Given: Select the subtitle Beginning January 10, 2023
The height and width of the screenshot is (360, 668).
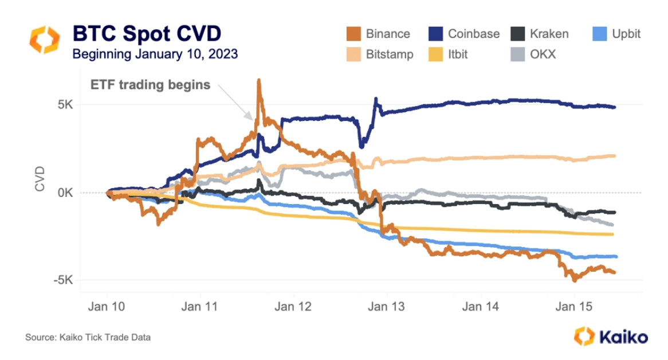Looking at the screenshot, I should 155,54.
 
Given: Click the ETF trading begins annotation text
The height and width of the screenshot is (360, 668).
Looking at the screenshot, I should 151,85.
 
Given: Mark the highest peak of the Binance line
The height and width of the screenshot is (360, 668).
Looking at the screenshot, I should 259,80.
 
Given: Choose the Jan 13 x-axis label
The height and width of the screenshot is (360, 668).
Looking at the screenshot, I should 387,307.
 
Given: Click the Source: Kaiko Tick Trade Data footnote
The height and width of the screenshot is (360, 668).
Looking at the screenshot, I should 88,338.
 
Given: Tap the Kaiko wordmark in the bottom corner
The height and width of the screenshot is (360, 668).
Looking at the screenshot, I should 623,337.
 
